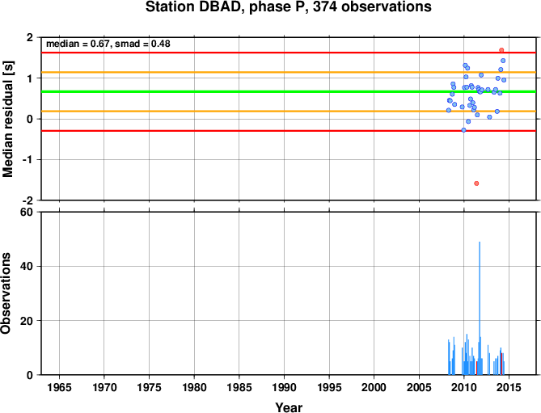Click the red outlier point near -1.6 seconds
point(476,183)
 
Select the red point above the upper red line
point(501,50)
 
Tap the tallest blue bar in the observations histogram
point(480,308)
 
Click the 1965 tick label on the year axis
point(59,387)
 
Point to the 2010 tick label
point(463,387)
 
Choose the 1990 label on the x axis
point(284,387)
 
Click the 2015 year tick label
point(509,387)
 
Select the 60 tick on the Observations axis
point(27,212)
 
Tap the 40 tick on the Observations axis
point(27,267)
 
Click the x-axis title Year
point(289,407)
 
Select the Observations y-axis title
point(6,293)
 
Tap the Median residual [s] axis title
point(7,119)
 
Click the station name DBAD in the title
point(221,7)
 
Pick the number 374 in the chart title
point(325,7)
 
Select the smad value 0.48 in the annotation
point(161,44)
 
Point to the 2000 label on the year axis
point(374,387)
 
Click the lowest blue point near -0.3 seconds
point(463,130)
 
